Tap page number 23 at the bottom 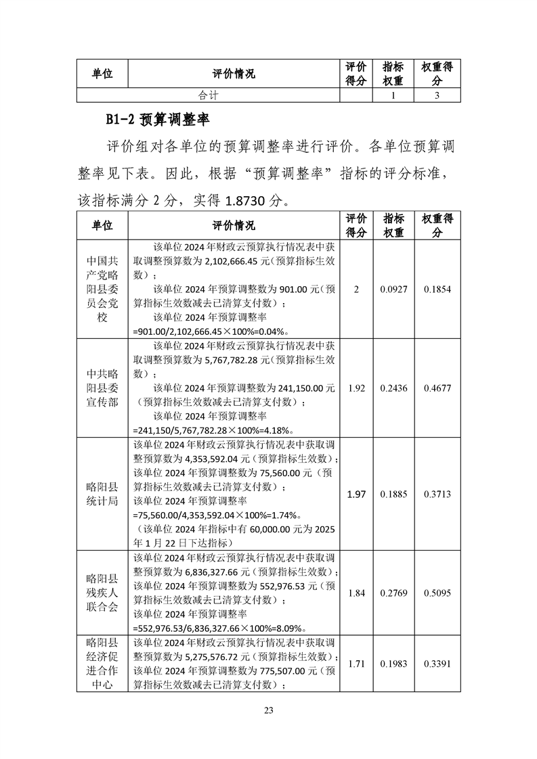pos(269,710)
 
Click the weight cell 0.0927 pos(393,289)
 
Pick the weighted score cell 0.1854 pos(437,289)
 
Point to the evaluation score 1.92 pos(356,388)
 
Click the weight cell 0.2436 pos(393,388)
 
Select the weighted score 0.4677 pos(437,388)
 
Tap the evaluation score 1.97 pos(356,495)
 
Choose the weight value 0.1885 pos(393,495)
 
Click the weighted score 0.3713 pos(437,495)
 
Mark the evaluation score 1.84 pos(356,593)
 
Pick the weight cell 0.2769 pos(393,593)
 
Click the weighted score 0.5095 pos(437,593)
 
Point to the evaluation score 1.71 pos(356,664)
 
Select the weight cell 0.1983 pos(393,664)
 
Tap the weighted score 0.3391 pos(437,664)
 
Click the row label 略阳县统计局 pos(102,495)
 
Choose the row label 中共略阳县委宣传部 pos(102,388)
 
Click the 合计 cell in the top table pos(207,96)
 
